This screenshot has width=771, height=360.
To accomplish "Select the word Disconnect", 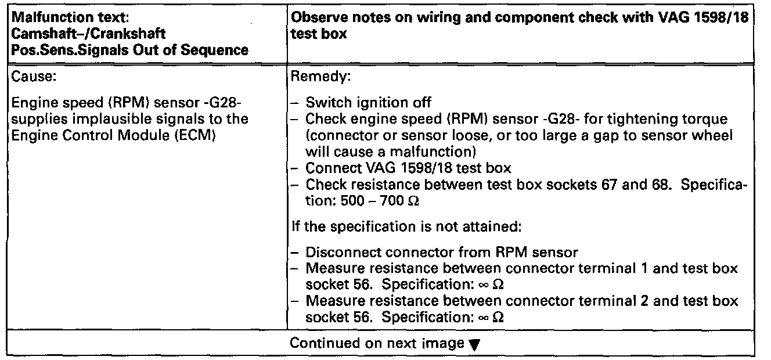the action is coord(343,253).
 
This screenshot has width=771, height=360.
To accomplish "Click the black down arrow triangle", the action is coord(473,344).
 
